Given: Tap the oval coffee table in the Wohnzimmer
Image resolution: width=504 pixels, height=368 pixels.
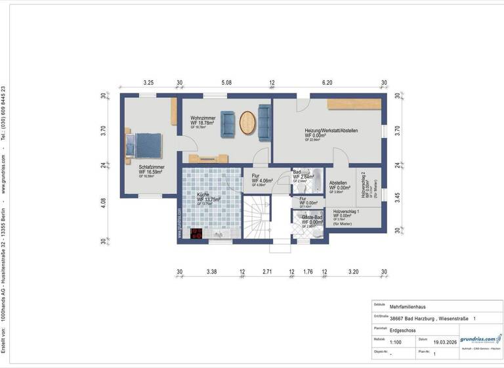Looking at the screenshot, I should point(247,122).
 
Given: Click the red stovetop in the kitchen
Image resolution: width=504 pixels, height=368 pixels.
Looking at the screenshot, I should point(196,233).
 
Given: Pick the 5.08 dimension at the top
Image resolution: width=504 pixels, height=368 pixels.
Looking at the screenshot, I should point(226,83).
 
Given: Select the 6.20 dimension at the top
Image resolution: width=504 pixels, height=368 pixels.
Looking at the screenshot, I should point(327,83).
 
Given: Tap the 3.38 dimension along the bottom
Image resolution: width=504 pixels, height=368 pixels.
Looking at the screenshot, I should point(211,271).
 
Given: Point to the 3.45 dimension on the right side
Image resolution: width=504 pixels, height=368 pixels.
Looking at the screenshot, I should point(398,196).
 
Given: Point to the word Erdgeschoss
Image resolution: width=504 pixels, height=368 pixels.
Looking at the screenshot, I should point(402,330).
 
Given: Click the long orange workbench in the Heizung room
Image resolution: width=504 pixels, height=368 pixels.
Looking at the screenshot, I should point(354,104).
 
